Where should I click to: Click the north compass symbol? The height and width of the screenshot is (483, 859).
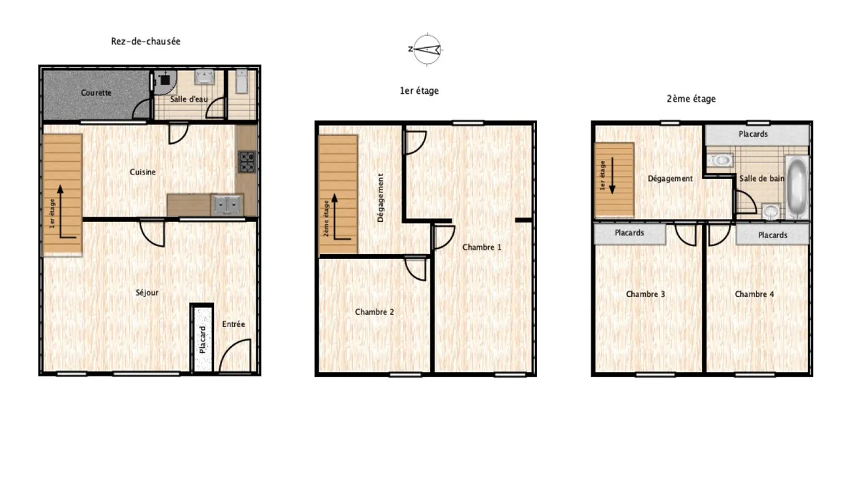(427, 49)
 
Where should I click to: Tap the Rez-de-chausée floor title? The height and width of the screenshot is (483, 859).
(146, 42)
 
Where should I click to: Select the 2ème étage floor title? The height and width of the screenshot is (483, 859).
(691, 99)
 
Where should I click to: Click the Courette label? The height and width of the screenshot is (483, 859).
(96, 93)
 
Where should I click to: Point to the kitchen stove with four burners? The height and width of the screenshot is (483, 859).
(247, 162)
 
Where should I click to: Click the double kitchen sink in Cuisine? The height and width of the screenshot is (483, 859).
(228, 205)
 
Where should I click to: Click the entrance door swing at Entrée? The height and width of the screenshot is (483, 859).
(235, 356)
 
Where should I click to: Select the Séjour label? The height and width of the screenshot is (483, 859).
(147, 293)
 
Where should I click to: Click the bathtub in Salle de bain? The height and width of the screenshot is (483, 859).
(797, 187)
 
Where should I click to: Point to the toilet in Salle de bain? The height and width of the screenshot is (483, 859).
(720, 160)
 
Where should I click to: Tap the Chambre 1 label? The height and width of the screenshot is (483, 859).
(482, 248)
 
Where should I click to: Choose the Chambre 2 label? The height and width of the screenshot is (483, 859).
(374, 312)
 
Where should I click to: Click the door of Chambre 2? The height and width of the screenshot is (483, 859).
(415, 268)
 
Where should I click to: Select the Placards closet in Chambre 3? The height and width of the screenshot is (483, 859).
(630, 233)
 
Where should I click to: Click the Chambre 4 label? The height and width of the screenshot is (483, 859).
(754, 294)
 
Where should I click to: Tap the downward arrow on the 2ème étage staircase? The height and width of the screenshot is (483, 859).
(612, 175)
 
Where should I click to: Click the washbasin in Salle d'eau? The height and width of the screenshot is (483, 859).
(205, 77)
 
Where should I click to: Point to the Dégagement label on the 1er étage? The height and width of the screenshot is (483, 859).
(380, 197)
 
